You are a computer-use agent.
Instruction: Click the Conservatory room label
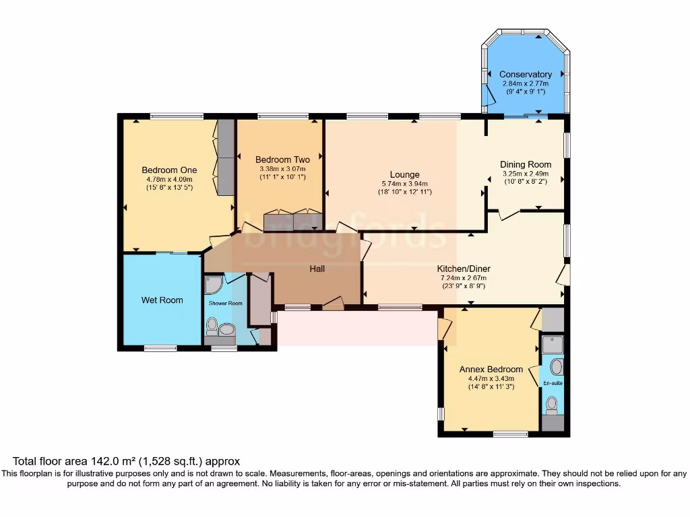click(x=525, y=74)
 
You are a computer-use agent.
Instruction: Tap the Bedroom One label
click(x=169, y=170)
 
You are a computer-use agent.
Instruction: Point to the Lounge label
click(x=404, y=174)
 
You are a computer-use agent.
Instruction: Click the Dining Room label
click(x=525, y=164)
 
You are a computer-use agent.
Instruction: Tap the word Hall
click(x=317, y=269)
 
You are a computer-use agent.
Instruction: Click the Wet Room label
click(x=162, y=300)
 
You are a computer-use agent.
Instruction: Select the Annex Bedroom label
click(x=491, y=369)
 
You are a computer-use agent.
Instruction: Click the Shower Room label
click(x=225, y=303)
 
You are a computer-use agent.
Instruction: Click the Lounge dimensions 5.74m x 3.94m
click(x=404, y=184)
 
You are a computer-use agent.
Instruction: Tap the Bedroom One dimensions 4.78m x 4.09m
click(x=169, y=179)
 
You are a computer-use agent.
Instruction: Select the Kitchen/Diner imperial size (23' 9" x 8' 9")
click(x=463, y=286)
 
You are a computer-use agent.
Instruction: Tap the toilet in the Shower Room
click(x=212, y=328)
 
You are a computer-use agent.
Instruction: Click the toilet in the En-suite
click(x=553, y=404)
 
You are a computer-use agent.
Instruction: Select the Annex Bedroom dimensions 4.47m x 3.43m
click(x=491, y=378)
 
